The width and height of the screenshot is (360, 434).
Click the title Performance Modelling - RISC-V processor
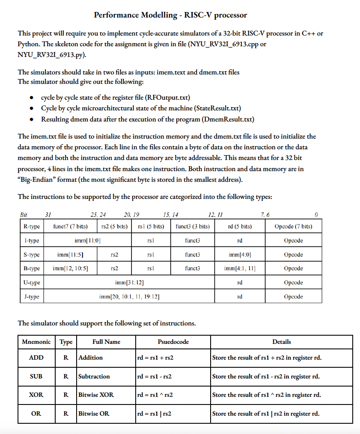[x=170, y=15]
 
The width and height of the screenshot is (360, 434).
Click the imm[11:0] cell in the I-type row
[x=88, y=240]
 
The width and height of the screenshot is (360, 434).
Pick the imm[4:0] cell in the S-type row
[x=239, y=254]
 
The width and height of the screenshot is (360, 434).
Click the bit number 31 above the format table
[x=48, y=215]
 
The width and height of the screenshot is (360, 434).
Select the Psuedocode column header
[x=173, y=342]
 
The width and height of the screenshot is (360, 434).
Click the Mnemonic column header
[x=36, y=342]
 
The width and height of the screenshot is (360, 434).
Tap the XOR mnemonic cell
[x=36, y=395]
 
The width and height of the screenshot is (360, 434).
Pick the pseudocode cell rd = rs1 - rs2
[x=155, y=376]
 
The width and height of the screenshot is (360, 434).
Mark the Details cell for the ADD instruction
[x=267, y=357]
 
